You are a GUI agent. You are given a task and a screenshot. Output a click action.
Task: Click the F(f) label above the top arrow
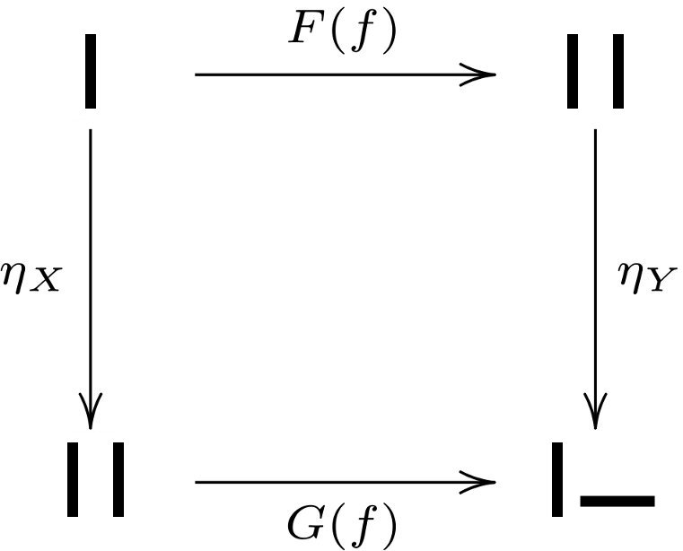(x=344, y=33)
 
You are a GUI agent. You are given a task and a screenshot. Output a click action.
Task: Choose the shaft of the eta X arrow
(x=91, y=269)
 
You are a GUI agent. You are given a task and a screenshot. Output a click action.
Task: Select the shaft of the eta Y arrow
(x=594, y=269)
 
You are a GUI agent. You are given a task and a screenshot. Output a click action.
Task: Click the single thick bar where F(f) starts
(x=91, y=72)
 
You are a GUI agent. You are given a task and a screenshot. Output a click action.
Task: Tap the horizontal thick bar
(x=617, y=501)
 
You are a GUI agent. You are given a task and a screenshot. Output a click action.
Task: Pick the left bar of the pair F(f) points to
(x=573, y=72)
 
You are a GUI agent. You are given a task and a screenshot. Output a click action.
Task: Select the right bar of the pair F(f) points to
(x=617, y=72)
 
